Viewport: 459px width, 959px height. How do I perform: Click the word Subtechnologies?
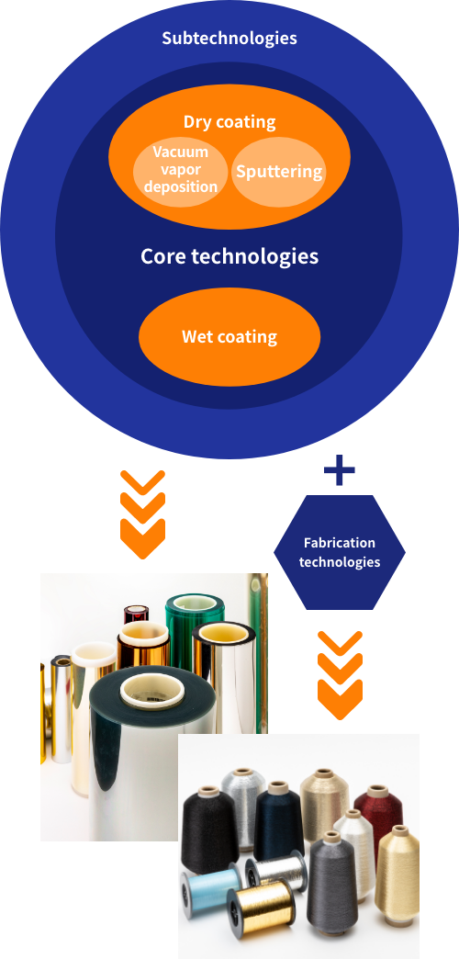[229, 38]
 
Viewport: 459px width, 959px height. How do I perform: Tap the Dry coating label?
[229, 121]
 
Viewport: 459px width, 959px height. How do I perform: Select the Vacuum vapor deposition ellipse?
[181, 169]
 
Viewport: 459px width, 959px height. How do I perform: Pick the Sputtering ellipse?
[279, 171]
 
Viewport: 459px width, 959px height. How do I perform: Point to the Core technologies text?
[229, 256]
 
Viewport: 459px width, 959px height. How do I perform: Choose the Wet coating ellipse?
[229, 336]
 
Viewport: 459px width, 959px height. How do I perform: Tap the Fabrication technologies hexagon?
[340, 552]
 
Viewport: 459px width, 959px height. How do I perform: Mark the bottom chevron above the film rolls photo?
[143, 538]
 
